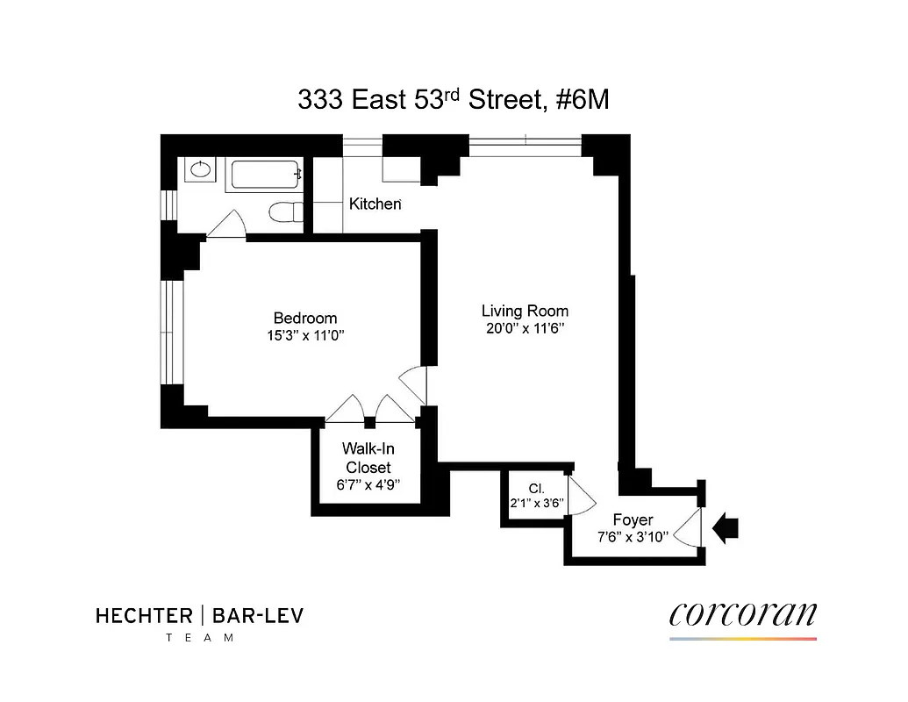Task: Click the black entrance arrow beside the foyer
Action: [x=727, y=528]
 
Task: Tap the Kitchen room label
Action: [x=375, y=204]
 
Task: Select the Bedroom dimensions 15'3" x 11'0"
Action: [x=305, y=334]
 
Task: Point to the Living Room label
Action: [x=525, y=311]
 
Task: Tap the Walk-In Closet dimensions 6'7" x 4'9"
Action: [x=368, y=484]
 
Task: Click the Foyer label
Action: [x=633, y=520]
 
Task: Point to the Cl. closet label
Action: [x=536, y=489]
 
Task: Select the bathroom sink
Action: [x=200, y=169]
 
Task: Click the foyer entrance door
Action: [x=688, y=528]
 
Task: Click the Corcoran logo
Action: [x=742, y=615]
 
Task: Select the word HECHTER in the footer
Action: [x=144, y=616]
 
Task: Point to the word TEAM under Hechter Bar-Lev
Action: [x=200, y=638]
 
